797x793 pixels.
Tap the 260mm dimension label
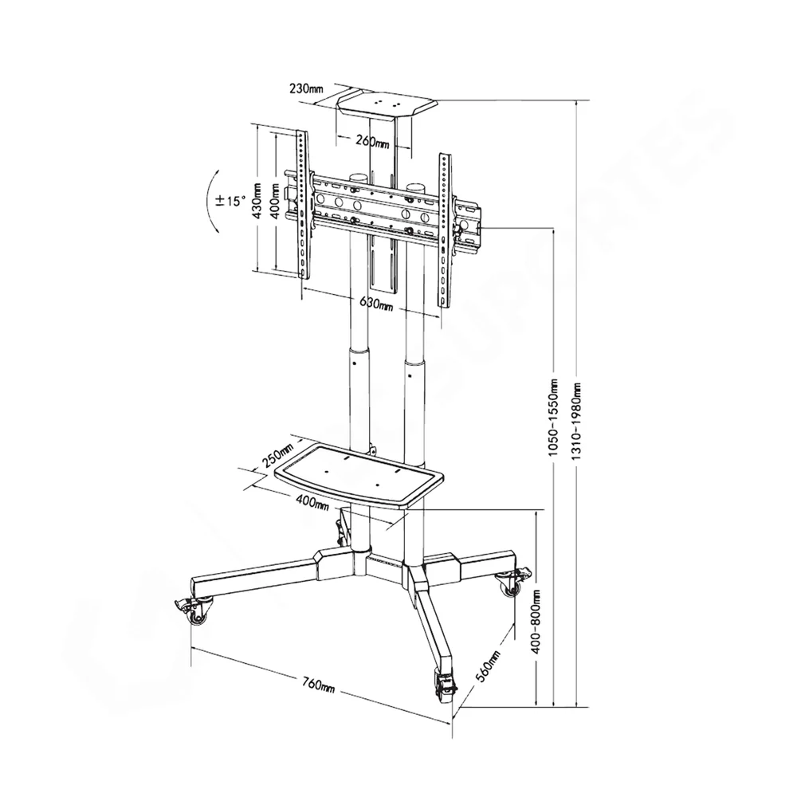tap(372, 143)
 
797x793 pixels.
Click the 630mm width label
tap(376, 304)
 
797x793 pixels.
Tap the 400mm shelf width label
tap(312, 502)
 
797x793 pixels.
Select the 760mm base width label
tap(319, 685)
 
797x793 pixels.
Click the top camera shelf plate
tap(387, 104)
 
